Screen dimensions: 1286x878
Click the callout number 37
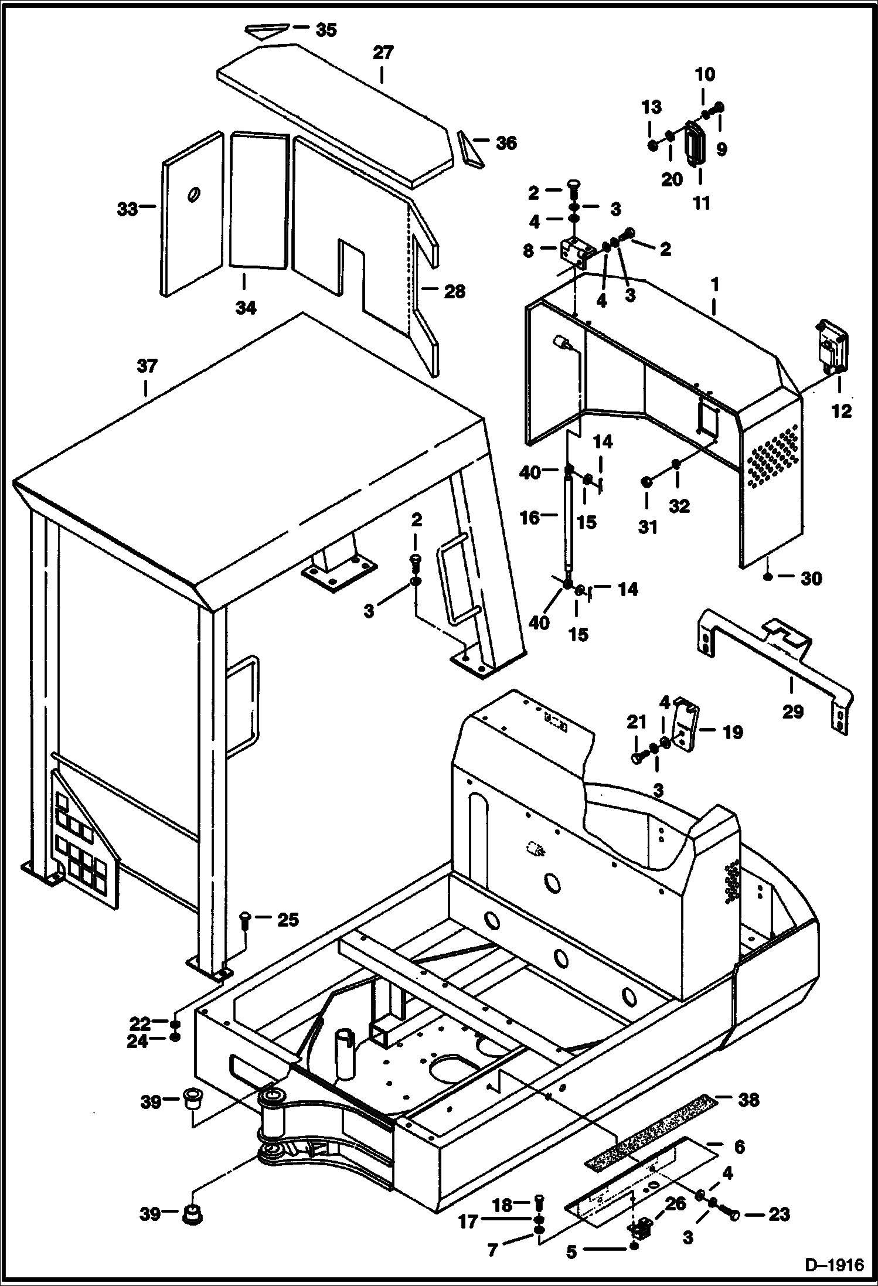(x=147, y=366)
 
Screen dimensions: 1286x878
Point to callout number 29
(x=793, y=712)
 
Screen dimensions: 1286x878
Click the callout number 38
(x=748, y=1100)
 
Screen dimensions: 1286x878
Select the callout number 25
(x=288, y=920)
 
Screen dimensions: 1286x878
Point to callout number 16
(x=530, y=518)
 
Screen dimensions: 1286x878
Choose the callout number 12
(x=842, y=411)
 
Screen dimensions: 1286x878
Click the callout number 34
(x=246, y=308)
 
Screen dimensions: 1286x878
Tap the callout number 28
(x=455, y=291)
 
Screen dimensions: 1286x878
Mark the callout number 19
(x=733, y=732)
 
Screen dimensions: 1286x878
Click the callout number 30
(x=811, y=579)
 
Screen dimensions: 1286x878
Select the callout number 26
(x=676, y=1205)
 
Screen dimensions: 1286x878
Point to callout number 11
(x=702, y=203)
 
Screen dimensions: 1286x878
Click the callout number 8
(x=528, y=251)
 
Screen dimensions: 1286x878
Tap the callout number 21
(x=637, y=723)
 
